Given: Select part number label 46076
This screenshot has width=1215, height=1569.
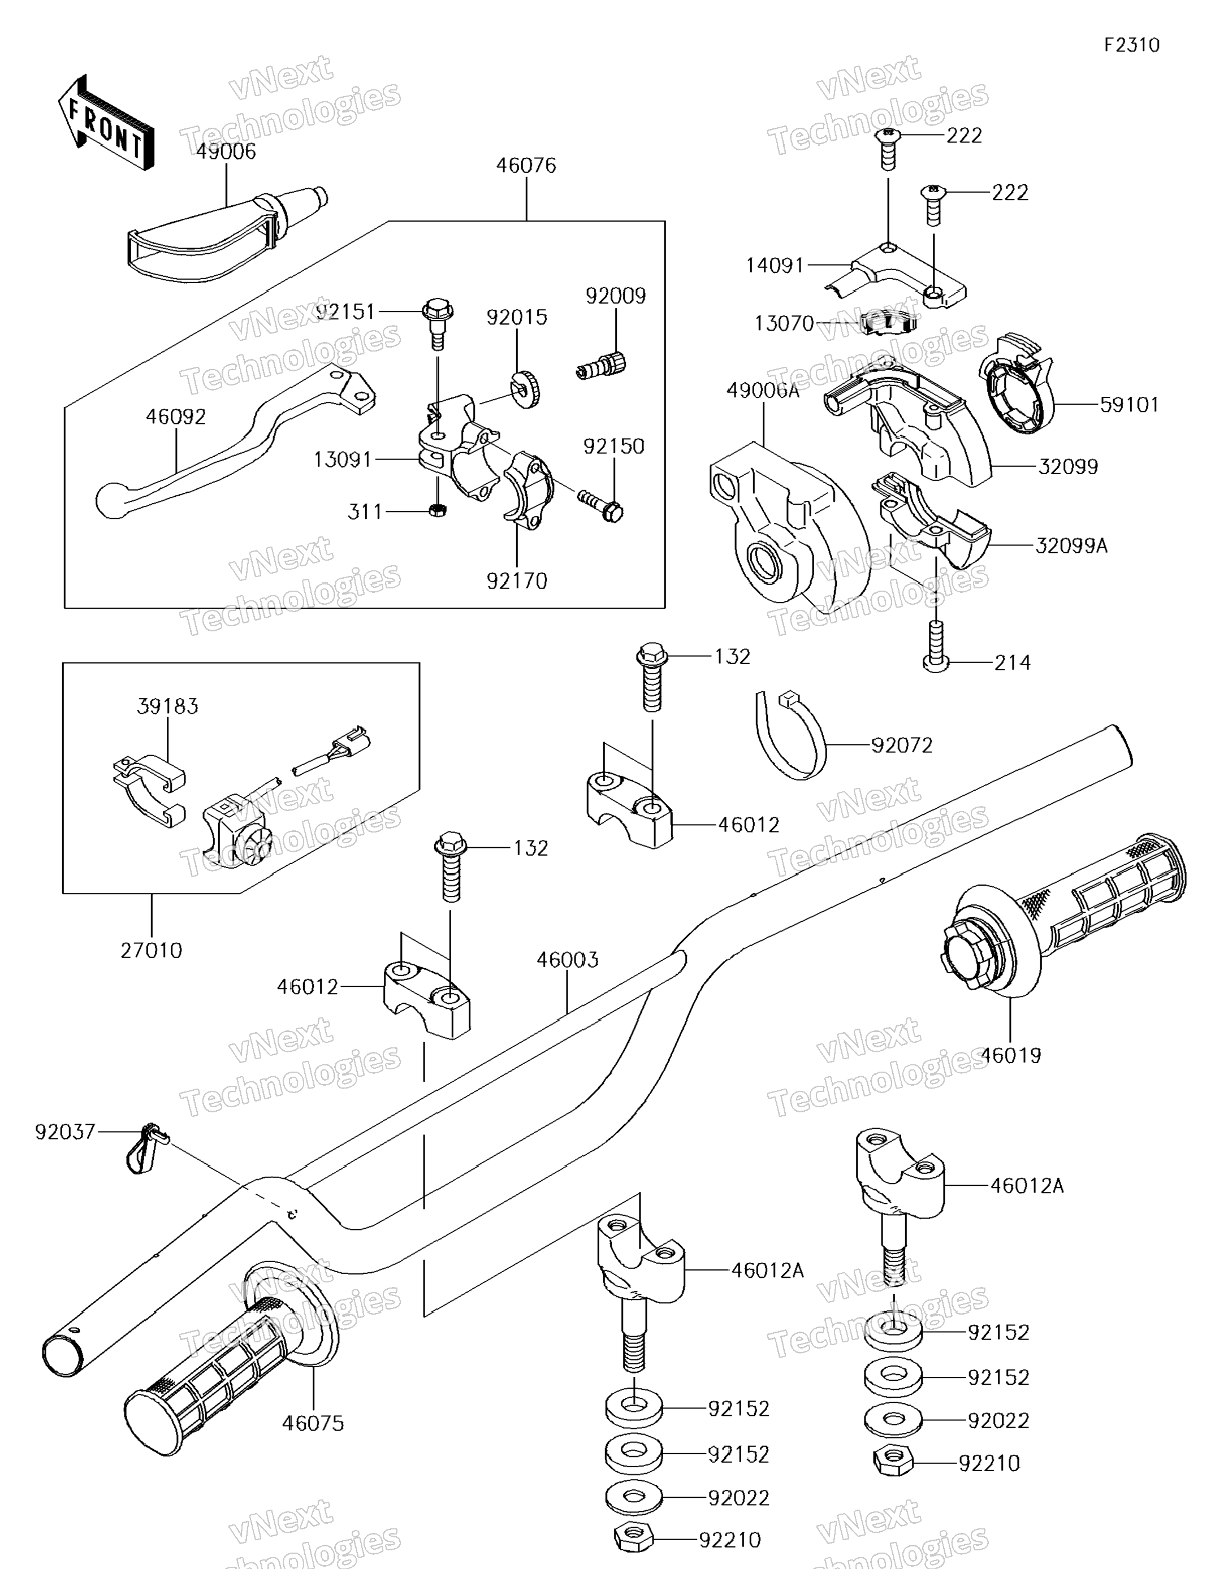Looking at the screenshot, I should coord(526,166).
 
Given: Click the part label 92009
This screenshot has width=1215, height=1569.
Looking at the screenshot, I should coord(615,296).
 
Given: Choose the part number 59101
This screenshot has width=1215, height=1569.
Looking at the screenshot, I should coord(1130,405).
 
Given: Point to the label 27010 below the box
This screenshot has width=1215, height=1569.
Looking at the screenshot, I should coord(151,951).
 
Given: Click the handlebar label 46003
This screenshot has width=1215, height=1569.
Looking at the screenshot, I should coord(567,960).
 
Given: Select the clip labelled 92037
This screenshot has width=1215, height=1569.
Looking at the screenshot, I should coord(144,1148).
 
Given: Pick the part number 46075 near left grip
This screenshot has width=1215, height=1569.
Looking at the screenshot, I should coord(313,1423).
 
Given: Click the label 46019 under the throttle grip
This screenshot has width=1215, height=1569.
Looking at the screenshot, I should coord(1010,1055).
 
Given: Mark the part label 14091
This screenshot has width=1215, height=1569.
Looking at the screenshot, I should coord(775,266).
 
